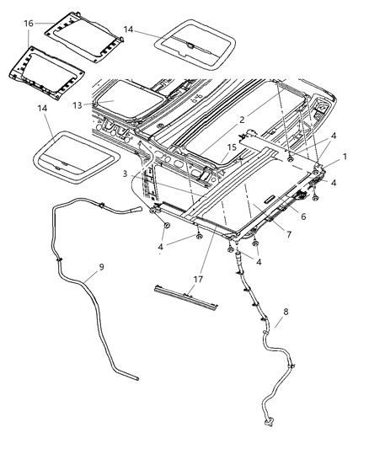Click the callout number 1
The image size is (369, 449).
(344, 158)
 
